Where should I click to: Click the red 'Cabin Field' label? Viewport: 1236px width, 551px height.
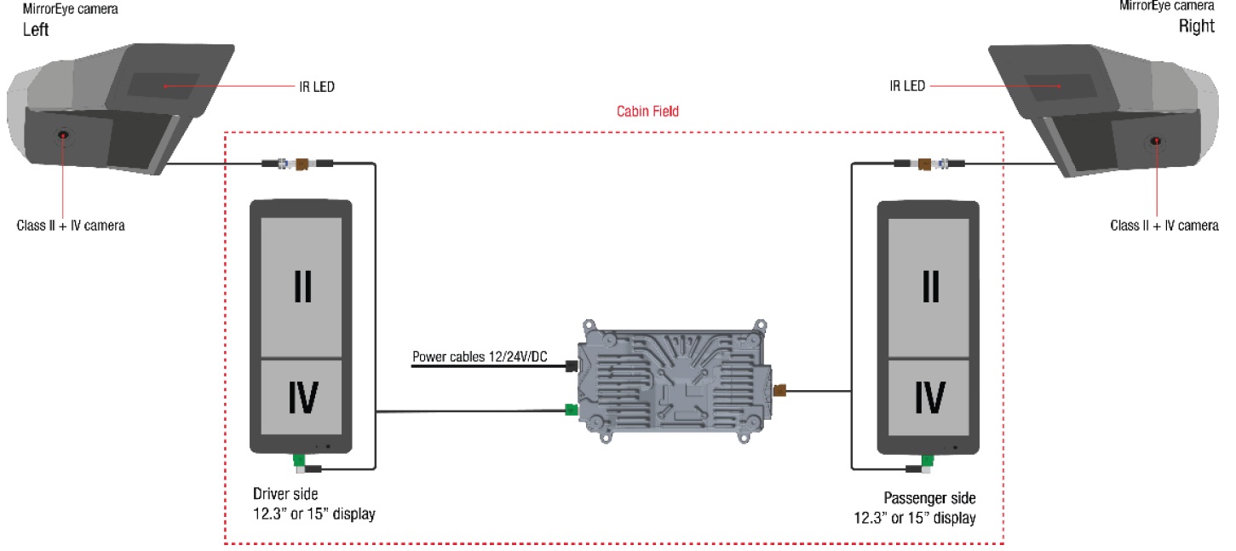coord(647,111)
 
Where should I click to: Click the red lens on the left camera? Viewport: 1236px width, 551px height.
coord(63,135)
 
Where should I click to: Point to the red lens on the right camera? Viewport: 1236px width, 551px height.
coord(1156,141)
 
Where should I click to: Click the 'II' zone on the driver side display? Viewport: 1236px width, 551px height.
coord(302,288)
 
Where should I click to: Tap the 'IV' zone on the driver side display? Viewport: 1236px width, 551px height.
coord(302,398)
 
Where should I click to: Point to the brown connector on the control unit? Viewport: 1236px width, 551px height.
coord(779,391)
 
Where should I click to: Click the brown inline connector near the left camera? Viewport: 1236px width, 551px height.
coord(299,162)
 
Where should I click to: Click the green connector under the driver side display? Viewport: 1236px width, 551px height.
coord(299,462)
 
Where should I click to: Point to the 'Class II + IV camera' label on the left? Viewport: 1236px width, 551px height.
coord(71,227)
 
